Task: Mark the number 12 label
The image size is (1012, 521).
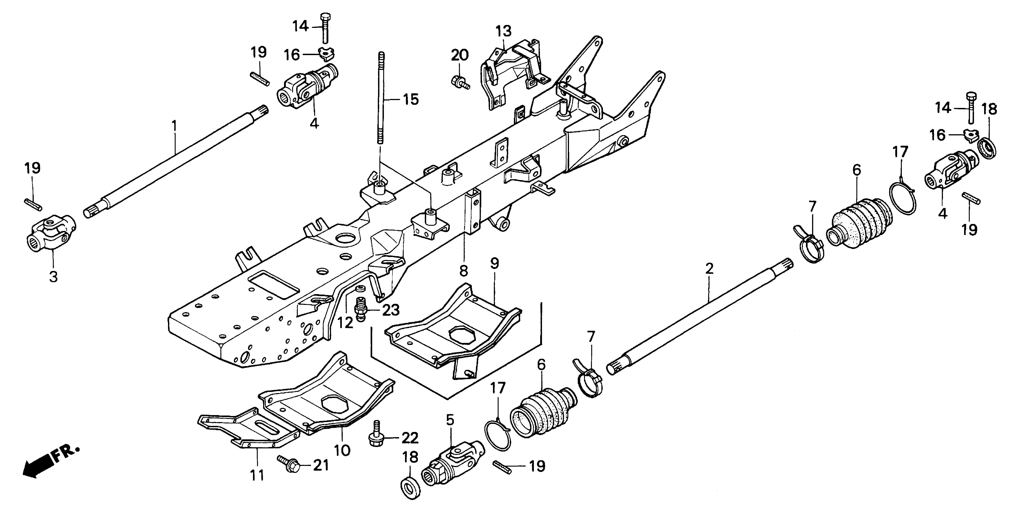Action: tap(345, 323)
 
